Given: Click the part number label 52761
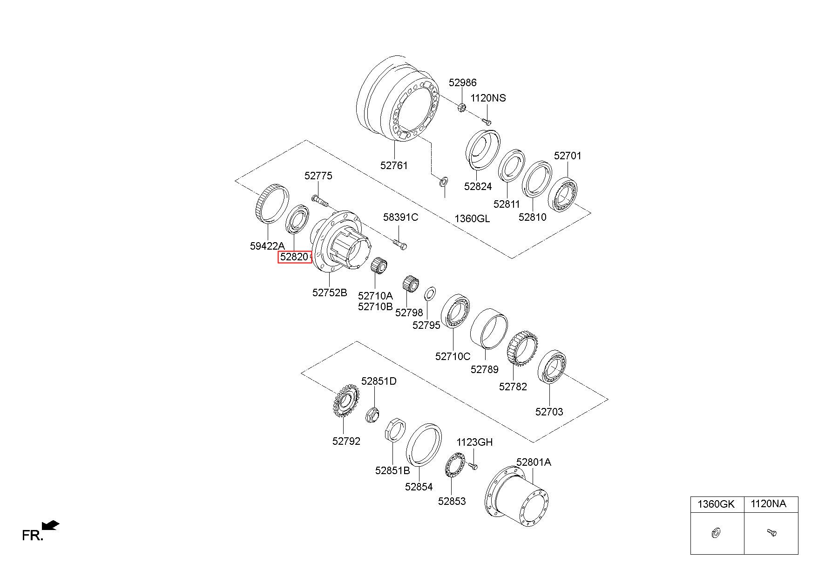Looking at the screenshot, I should tap(394, 165).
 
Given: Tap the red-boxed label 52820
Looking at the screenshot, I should tap(295, 257).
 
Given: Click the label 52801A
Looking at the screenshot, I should tap(534, 462).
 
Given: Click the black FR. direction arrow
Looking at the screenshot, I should tap(51, 525).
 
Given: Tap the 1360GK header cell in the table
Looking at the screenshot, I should tap(717, 504).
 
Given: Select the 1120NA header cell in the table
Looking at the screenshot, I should tap(771, 504).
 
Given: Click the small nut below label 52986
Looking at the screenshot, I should tap(462, 108).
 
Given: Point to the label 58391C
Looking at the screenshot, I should tap(400, 217).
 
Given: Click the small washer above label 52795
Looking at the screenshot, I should tap(430, 294).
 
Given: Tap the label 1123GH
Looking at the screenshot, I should tap(474, 442).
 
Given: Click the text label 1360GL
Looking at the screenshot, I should tap(472, 218).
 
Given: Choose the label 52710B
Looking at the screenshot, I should tap(375, 306).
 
